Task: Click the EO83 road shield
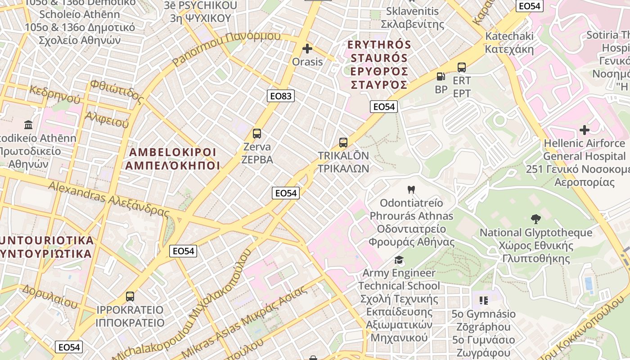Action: coord(281,95)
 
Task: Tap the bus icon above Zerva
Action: coord(257,134)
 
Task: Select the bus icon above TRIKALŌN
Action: coord(343,143)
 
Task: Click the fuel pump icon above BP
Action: coord(441,76)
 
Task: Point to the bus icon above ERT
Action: coord(462,67)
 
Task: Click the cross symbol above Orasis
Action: coord(307,49)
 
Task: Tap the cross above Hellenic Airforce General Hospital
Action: coord(585,130)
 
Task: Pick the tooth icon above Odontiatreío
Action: coord(410,190)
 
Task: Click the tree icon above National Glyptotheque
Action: coord(535,219)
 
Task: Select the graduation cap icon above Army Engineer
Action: coord(398,260)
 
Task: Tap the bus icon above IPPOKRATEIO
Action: coord(130,297)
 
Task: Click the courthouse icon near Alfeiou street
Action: coord(29,125)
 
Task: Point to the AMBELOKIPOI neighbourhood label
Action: coord(173,159)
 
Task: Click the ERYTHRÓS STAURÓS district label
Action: coord(379,64)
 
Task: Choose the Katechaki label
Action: coord(509,42)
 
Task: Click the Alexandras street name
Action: coord(108,198)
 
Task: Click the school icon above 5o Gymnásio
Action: coord(484,300)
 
